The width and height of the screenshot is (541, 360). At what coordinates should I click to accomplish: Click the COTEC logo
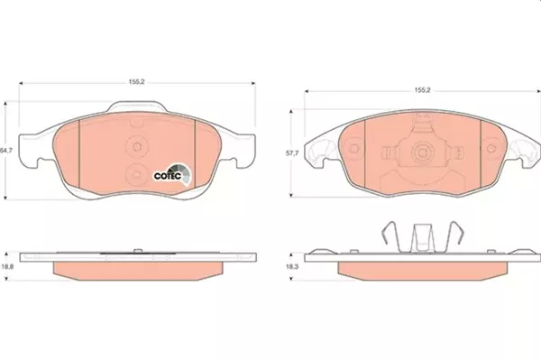172,175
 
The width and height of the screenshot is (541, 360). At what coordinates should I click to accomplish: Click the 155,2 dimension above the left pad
137,82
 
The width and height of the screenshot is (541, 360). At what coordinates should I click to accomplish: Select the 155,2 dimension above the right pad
422,90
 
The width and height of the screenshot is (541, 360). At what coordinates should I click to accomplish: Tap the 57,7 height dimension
292,153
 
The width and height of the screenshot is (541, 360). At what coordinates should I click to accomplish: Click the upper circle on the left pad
137,146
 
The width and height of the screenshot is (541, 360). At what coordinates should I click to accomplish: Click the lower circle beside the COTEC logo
137,175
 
